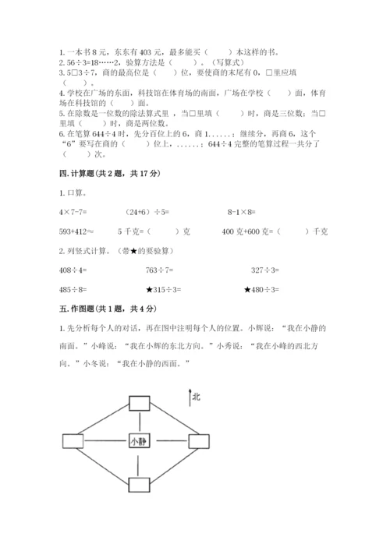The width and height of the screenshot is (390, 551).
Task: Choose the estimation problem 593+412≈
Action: coord(80,231)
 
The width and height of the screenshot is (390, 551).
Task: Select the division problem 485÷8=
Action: coord(76,291)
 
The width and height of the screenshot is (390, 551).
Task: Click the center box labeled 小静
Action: coord(139,441)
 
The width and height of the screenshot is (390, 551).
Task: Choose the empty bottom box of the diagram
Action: coord(139,484)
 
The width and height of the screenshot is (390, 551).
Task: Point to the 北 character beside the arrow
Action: coord(196,397)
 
